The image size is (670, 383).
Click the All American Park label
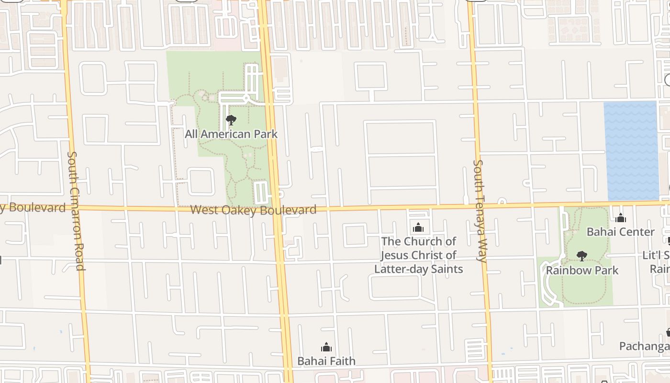coord(231,134)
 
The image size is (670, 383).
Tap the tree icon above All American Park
coord(231,120)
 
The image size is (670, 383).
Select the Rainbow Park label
coord(582,270)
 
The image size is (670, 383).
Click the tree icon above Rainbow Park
coord(582,256)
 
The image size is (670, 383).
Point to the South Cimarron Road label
coord(77,211)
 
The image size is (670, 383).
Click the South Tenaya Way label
coord(480,211)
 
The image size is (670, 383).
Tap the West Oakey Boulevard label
coord(253,210)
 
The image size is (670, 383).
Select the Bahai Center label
coord(621,232)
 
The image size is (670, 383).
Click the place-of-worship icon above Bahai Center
coord(621,218)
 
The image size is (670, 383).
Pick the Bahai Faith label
coord(326,360)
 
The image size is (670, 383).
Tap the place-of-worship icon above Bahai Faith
coord(326,347)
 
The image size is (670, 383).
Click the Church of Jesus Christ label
coord(418,255)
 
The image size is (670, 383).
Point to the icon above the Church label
coord(418,227)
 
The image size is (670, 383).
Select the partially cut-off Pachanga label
coord(644,346)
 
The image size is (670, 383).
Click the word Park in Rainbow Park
coord(605,270)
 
